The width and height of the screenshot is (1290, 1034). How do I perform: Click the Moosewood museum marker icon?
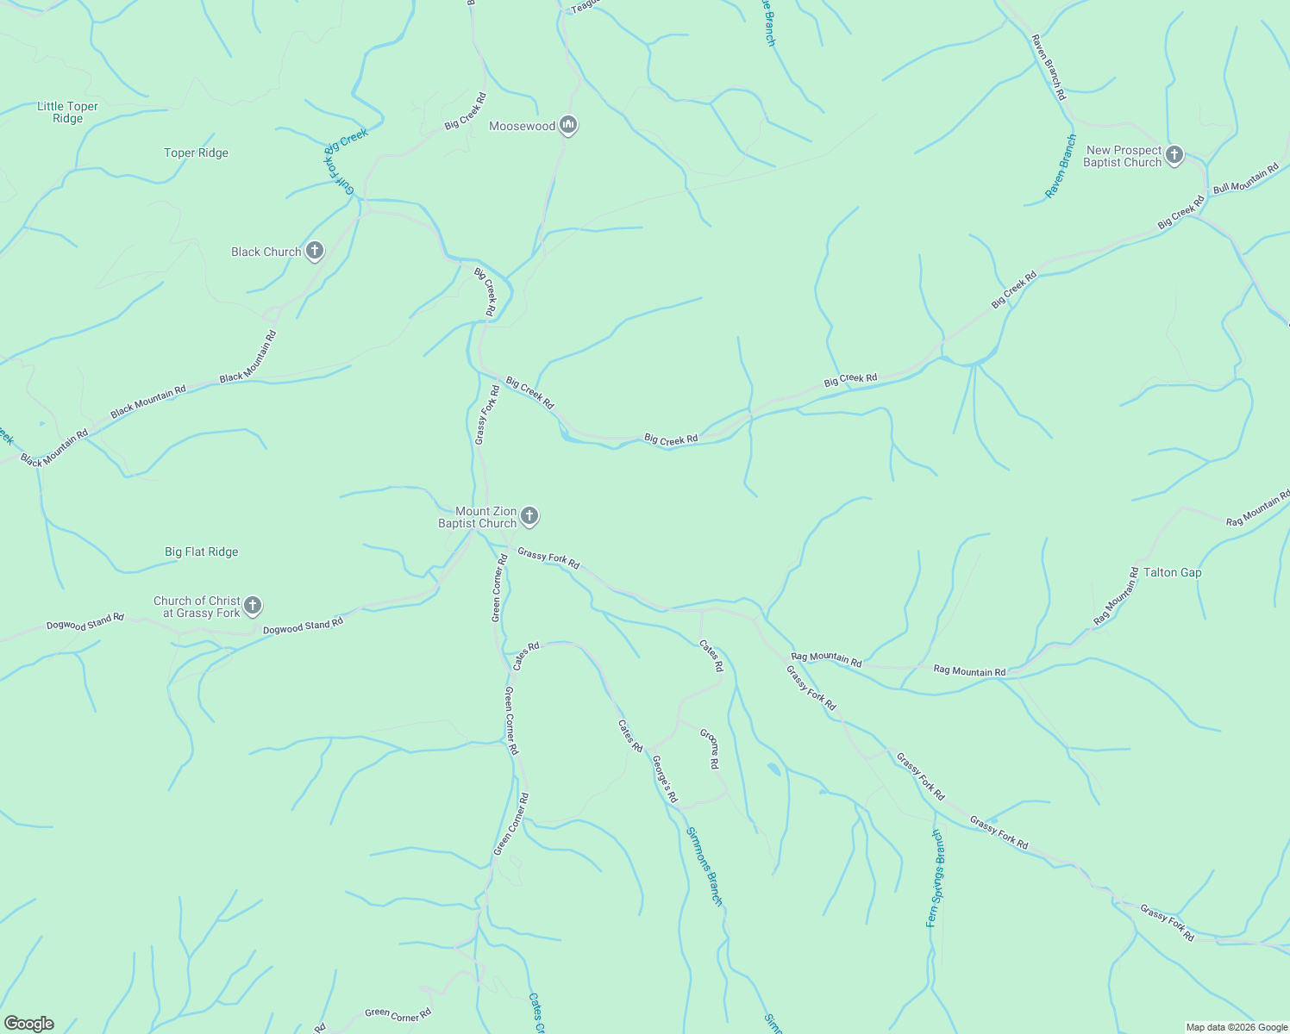[568, 126]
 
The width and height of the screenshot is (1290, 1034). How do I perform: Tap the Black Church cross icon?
[315, 252]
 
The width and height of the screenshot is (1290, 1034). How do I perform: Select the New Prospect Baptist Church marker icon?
[1174, 155]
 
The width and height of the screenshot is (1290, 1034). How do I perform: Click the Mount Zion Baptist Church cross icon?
[529, 517]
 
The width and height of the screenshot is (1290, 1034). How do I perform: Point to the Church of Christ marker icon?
[253, 606]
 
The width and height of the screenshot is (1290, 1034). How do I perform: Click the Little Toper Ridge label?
[67, 113]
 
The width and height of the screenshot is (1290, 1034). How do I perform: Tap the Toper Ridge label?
[196, 153]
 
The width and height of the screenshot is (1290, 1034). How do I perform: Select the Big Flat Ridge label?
[201, 552]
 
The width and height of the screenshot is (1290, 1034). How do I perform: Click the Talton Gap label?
[1172, 573]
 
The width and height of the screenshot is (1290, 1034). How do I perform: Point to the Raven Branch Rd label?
[1049, 67]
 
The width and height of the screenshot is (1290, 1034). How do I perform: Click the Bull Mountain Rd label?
[1246, 178]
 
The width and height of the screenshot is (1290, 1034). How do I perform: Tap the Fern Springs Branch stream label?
[936, 878]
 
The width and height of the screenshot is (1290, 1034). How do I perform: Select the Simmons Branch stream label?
[704, 866]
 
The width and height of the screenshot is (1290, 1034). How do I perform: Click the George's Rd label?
[665, 779]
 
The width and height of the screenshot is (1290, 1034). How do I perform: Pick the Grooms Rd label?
[710, 749]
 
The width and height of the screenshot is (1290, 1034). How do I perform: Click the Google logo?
[28, 1024]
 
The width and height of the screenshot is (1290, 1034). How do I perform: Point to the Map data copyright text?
[1237, 1027]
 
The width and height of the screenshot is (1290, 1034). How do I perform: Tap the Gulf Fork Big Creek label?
[346, 159]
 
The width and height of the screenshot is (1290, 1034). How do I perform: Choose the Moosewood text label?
[522, 127]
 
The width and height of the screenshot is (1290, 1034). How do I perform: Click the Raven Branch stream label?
[1061, 166]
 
